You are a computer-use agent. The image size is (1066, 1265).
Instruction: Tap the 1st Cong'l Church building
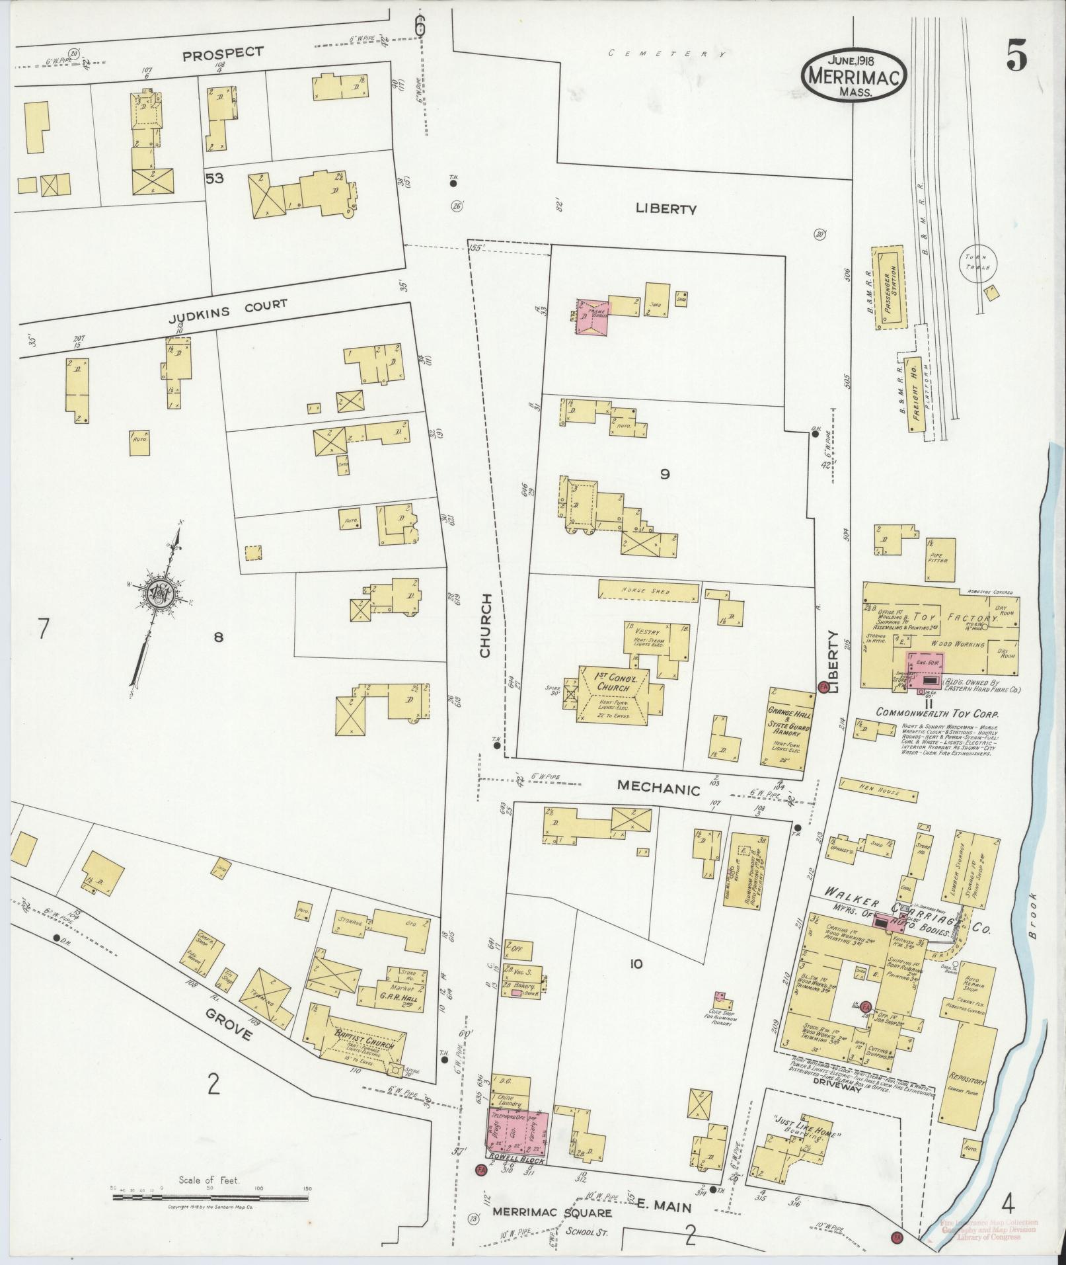click(x=612, y=692)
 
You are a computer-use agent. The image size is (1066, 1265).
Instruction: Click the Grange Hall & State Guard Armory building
click(x=790, y=728)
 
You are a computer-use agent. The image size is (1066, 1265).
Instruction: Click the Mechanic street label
click(x=658, y=788)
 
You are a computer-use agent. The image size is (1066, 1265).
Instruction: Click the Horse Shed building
click(x=648, y=591)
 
